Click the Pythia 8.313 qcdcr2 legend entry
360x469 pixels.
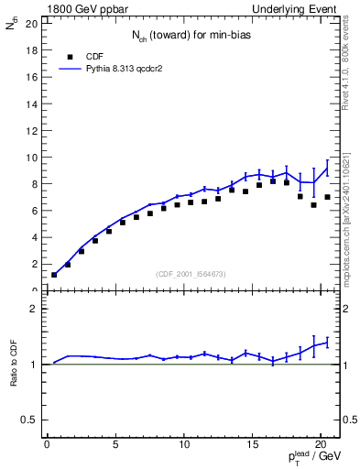click(121, 68)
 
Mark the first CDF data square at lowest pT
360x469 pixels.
click(54, 275)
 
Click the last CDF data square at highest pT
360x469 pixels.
click(327, 197)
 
